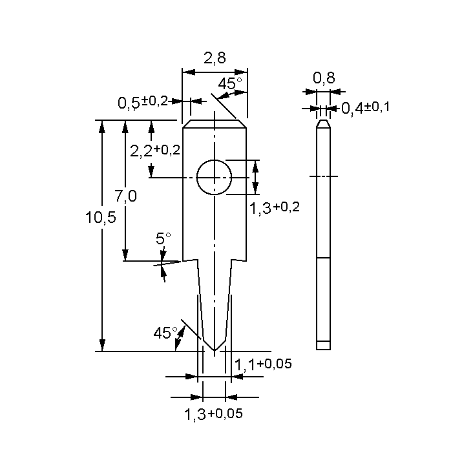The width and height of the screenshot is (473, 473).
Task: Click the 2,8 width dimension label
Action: tap(215, 58)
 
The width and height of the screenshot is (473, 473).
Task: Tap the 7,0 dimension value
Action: tap(125, 195)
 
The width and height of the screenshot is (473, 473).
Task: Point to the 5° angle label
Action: tap(163, 238)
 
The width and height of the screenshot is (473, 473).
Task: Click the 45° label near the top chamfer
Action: tap(230, 83)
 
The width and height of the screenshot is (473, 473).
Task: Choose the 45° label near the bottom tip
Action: tap(165, 333)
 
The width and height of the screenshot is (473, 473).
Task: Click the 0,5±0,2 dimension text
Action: tap(143, 101)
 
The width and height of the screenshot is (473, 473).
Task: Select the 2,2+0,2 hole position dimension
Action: tap(155, 151)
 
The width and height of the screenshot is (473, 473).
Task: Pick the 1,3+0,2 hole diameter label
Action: tap(275, 207)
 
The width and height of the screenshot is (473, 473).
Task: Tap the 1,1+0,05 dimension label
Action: tap(263, 364)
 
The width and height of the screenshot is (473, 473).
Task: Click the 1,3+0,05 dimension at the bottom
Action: tap(214, 414)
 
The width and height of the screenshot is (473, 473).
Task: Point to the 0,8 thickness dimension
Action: tap(324, 78)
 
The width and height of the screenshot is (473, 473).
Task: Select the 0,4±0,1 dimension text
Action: tap(365, 107)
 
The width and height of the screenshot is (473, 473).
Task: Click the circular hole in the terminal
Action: tap(214, 176)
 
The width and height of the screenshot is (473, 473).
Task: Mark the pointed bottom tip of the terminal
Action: tap(214, 350)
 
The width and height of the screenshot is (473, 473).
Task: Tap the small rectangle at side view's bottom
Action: tap(324, 345)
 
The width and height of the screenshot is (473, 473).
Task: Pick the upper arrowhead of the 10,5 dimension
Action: tap(101, 125)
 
